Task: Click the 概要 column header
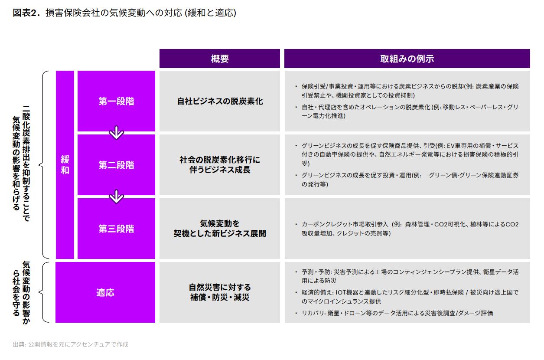(220, 59)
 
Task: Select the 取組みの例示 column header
(407, 59)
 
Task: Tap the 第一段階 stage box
(116, 101)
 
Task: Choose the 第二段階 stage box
(116, 165)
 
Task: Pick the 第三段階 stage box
(116, 229)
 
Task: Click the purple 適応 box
(105, 292)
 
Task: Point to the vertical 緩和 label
(65, 165)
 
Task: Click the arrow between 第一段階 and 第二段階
(116, 132)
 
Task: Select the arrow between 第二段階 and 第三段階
(116, 196)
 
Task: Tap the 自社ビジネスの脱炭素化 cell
(220, 101)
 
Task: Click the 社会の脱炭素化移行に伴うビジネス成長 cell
(220, 165)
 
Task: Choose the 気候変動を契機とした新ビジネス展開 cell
(220, 229)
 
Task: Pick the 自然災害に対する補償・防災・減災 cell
(220, 292)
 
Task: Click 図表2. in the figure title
(26, 13)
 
